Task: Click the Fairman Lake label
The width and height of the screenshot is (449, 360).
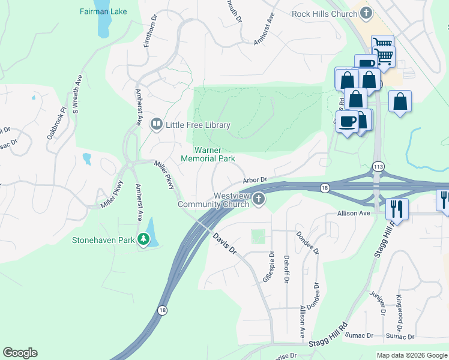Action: pos(103,11)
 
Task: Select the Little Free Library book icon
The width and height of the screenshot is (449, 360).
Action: pos(156,124)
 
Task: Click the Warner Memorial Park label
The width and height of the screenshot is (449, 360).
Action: pos(208,154)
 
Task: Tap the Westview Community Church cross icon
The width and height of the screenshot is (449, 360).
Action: pos(259,199)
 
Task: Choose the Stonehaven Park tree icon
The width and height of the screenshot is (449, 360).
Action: pos(143,239)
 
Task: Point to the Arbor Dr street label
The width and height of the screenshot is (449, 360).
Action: pos(255,180)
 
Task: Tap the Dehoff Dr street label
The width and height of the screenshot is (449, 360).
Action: pos(286,268)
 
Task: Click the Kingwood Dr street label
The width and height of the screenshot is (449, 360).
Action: pos(400,308)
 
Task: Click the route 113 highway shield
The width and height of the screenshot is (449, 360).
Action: pos(378,166)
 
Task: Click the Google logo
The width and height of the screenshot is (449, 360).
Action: pos(20,353)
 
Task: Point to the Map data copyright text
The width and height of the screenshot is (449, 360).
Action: pos(412,355)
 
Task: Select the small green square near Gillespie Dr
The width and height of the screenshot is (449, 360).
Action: pos(258,236)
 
